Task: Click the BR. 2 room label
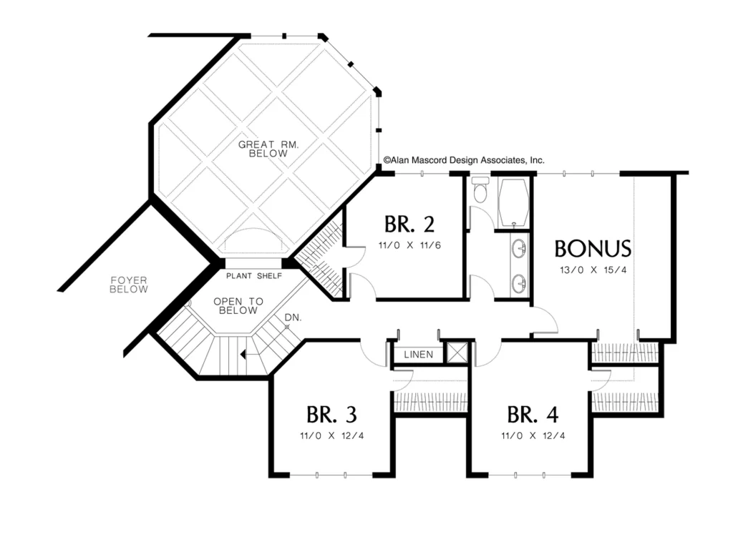409,225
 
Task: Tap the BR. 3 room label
331,414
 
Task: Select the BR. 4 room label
533,414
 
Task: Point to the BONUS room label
593,249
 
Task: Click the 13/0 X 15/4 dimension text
593,270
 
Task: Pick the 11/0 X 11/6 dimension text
409,245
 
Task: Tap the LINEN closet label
418,355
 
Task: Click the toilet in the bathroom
480,189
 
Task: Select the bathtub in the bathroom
513,202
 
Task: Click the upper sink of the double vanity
519,248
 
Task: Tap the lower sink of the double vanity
519,283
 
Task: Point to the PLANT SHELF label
254,276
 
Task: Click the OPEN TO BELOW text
238,306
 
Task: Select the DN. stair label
293,317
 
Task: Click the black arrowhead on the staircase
243,355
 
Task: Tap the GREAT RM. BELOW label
268,149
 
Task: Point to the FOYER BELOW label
129,285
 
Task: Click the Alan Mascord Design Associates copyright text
464,160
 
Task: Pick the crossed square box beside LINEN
457,353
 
